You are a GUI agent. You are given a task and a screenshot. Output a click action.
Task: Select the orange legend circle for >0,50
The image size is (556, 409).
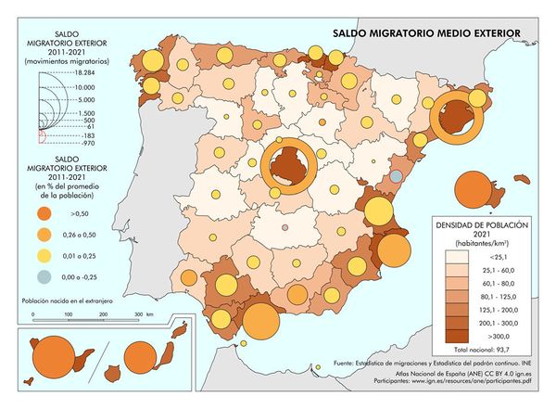pos(44,211)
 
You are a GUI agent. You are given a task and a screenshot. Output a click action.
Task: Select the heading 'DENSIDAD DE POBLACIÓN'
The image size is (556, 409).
pos(479,225)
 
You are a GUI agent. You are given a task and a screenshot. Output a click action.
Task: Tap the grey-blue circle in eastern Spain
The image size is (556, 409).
pos(396,175)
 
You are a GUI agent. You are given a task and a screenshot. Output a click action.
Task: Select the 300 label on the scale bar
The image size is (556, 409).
pos(136,315)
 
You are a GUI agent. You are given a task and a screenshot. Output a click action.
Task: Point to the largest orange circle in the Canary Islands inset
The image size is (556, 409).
pos(53,358)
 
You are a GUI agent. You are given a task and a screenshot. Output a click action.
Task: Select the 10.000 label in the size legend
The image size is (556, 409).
pos(86,85)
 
